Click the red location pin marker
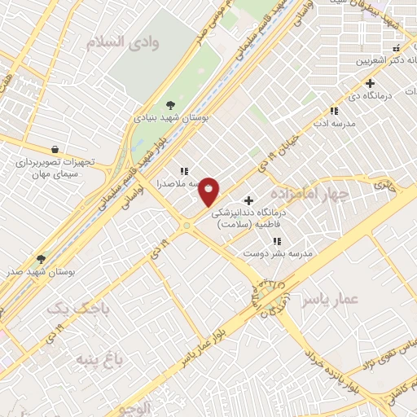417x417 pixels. [x=209, y=191]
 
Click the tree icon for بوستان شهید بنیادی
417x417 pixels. [x=170, y=105]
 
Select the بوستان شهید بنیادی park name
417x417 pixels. [x=172, y=117]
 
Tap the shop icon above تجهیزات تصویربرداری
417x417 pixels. [x=54, y=149]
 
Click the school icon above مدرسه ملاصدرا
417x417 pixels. [x=185, y=171]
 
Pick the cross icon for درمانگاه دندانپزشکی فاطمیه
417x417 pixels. [x=248, y=200]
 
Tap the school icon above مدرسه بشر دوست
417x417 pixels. [x=278, y=241]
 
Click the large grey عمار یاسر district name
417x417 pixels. [x=330, y=300]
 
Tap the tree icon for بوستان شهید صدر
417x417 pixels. [x=42, y=258]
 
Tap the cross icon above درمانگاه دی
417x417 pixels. [x=371, y=82]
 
